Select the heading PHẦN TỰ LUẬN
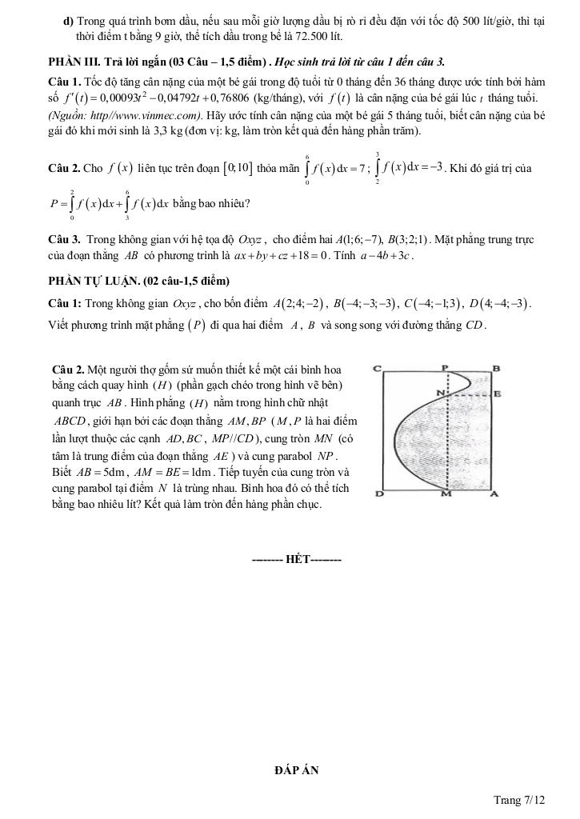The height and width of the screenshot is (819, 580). [x=138, y=281]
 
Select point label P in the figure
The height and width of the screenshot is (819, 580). [x=446, y=367]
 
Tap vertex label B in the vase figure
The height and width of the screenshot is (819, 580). [x=496, y=368]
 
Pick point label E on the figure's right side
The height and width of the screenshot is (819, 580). [x=498, y=394]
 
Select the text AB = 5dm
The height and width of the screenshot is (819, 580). [x=92, y=472]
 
